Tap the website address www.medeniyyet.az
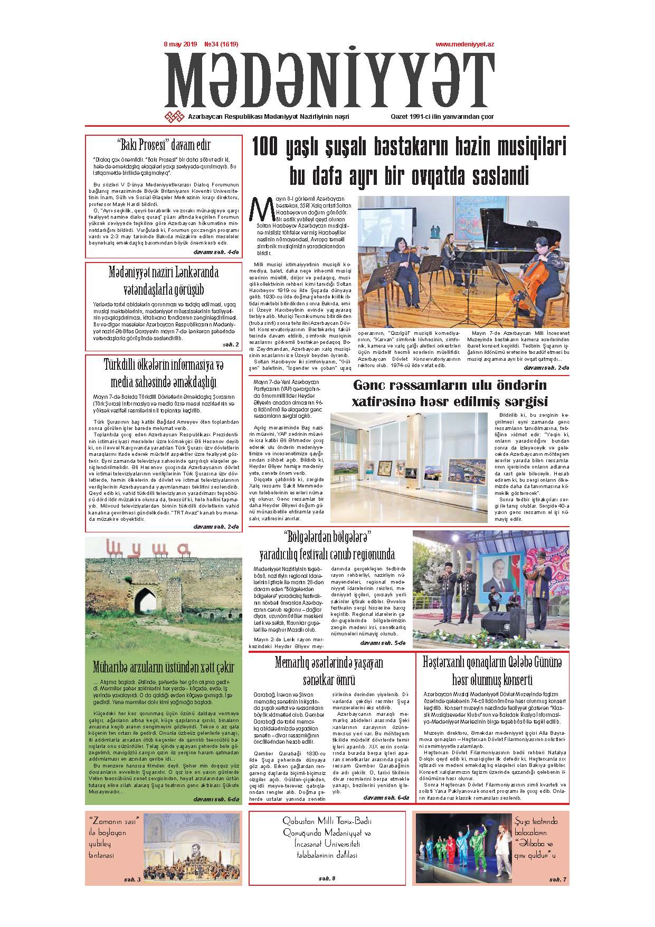point(464,45)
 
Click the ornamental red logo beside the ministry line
point(174,117)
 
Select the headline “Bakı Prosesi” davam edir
point(164,144)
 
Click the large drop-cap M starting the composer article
point(260,209)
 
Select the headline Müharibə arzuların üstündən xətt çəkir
point(163,666)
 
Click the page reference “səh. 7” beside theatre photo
point(557,879)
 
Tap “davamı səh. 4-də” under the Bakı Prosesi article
point(216,252)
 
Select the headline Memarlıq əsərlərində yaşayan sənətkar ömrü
point(329,670)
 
